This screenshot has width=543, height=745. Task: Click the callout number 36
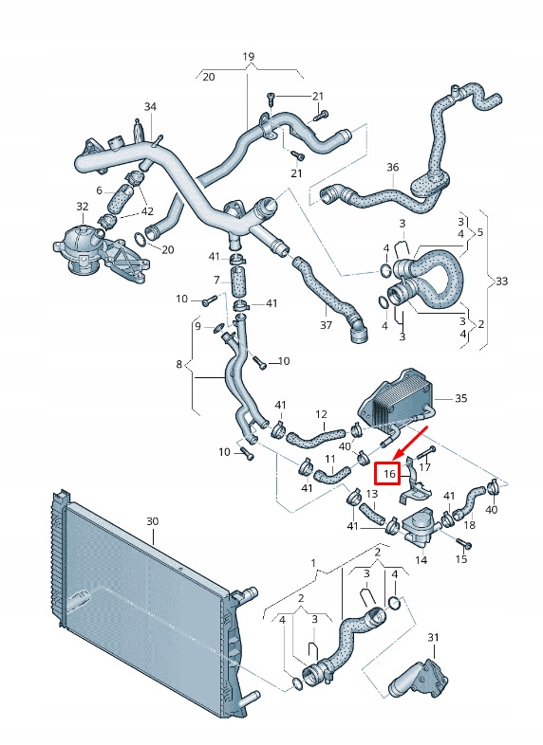coord(393,168)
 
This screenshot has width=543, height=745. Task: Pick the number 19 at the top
coord(248,57)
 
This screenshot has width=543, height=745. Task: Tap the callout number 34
coord(150,106)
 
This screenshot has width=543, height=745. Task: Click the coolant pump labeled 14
coord(421,526)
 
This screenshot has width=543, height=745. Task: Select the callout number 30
coord(153,521)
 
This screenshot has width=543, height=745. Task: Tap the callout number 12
coord(321,414)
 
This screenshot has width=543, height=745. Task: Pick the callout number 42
coord(147,210)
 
